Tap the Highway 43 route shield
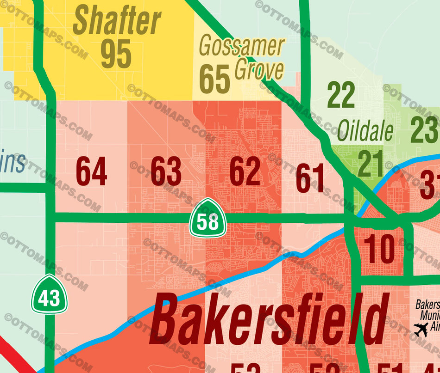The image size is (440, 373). [49, 294]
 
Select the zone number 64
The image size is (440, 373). [91, 171]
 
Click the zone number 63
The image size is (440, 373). [166, 171]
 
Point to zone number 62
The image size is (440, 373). [245, 171]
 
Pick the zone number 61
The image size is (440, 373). [310, 178]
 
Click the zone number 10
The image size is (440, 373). [379, 248]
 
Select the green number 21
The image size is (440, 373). [370, 164]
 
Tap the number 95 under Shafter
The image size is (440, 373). [116, 54]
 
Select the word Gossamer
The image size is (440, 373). [241, 47]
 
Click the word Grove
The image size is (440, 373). [259, 70]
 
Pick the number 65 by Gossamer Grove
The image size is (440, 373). [214, 79]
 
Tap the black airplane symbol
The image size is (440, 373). [421, 330]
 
